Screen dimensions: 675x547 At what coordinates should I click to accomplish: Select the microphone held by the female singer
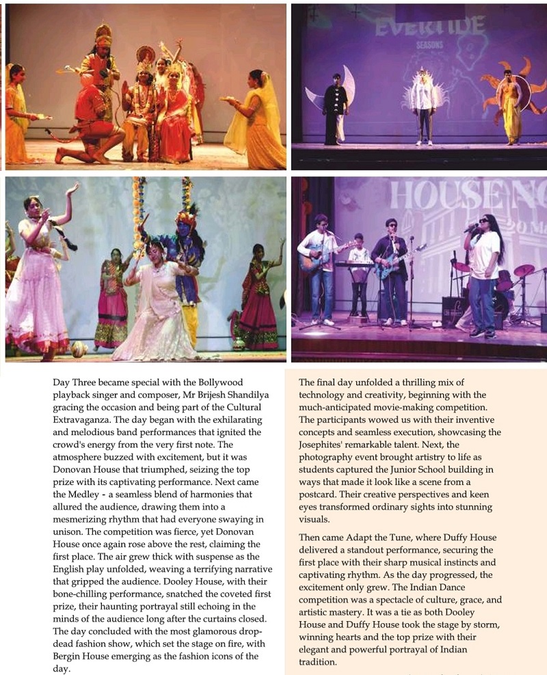click(x=471, y=228)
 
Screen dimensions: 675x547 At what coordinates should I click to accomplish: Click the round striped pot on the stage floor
click(x=79, y=349)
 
